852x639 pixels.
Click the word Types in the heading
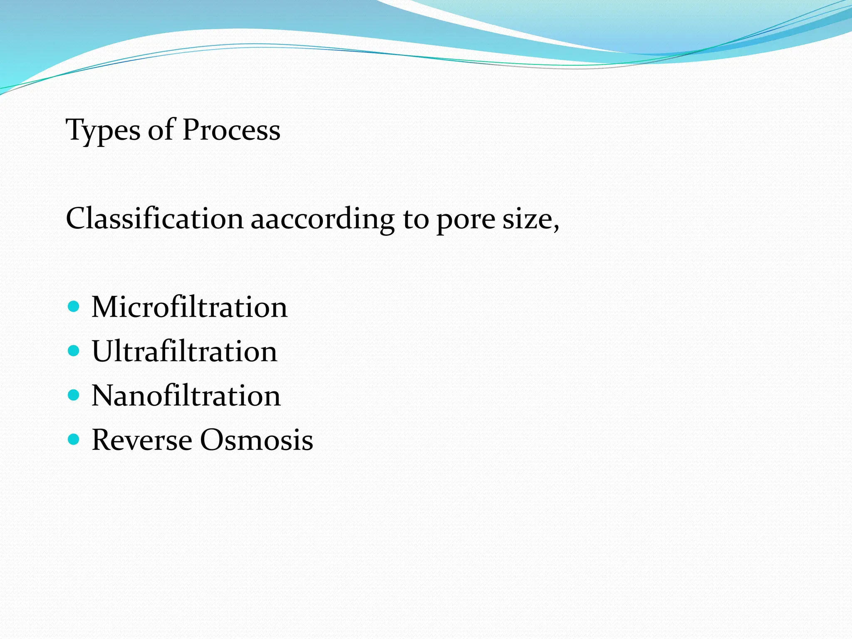coord(103,131)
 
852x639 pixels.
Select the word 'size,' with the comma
coord(531,220)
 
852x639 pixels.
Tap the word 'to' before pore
coord(416,219)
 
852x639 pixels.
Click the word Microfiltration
coord(189,307)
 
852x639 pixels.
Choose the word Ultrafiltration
coord(184,351)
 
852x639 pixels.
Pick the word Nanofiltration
coord(186,395)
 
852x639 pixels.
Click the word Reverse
coord(142,440)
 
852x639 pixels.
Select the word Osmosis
coord(256,440)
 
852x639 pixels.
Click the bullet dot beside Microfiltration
coord(74,307)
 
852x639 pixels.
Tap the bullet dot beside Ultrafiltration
coord(74,351)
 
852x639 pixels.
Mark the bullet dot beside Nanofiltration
coord(74,395)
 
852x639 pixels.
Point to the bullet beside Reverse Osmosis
coord(74,439)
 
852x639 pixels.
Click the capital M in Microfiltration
coord(104,307)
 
